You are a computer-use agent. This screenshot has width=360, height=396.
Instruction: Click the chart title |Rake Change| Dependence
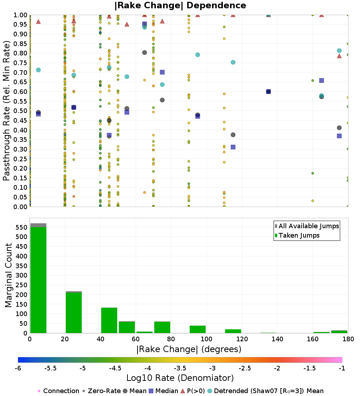click(180, 5)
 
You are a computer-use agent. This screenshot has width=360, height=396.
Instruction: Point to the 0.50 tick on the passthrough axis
click(21, 111)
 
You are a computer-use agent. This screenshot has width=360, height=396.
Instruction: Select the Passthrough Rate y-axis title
click(6, 111)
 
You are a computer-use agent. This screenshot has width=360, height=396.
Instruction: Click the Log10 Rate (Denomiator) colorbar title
click(180, 378)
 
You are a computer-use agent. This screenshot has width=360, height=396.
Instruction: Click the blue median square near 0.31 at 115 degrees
click(233, 147)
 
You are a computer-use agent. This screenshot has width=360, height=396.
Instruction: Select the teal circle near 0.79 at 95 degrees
click(198, 55)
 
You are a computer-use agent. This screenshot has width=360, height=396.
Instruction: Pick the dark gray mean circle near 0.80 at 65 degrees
click(144, 52)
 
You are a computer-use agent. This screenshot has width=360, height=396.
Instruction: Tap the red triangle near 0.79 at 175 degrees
click(339, 56)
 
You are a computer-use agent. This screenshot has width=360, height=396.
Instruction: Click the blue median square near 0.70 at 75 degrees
click(162, 72)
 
